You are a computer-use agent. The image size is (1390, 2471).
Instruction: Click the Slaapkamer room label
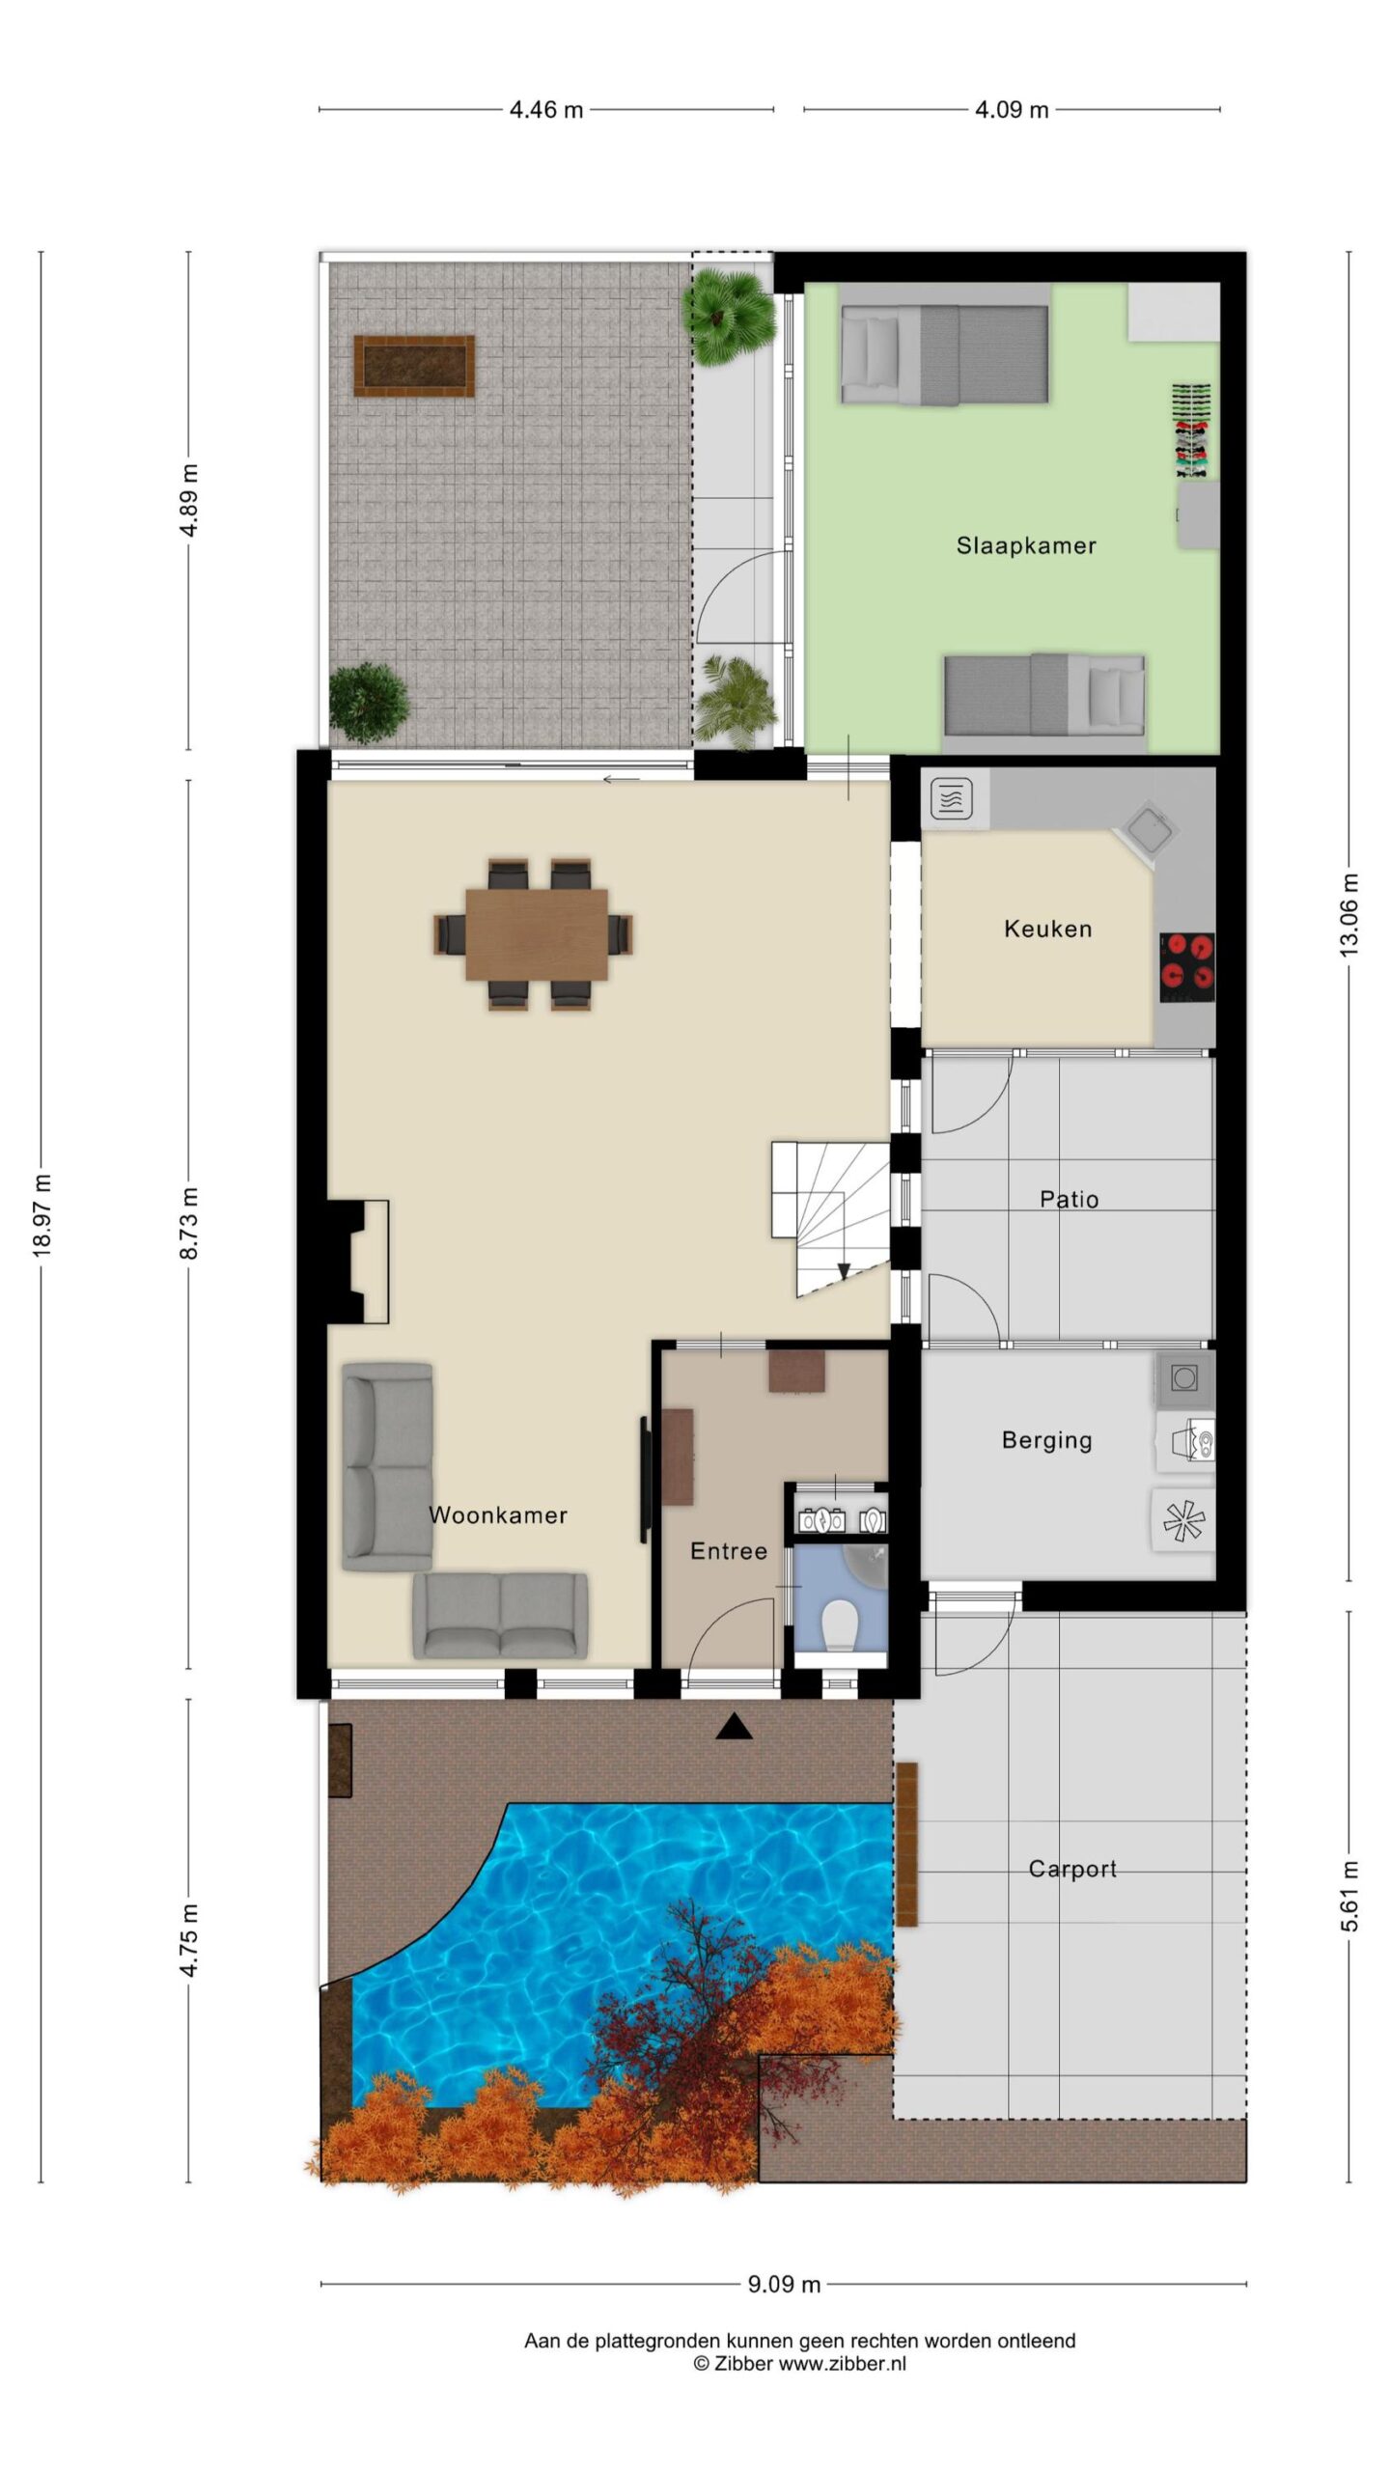(x=1026, y=545)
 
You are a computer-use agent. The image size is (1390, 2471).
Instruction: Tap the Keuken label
(x=1048, y=929)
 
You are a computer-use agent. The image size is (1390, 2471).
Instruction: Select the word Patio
(x=1069, y=1199)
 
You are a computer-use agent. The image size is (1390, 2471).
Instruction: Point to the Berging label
(x=1047, y=1441)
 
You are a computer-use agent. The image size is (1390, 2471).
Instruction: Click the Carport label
(x=1072, y=1870)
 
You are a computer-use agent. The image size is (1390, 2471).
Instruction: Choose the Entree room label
(x=729, y=1551)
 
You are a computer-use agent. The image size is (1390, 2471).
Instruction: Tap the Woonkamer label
(x=498, y=1515)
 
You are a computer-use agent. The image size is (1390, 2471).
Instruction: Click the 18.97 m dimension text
(x=42, y=1216)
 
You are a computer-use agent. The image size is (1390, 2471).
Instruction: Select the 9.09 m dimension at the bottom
(x=784, y=2284)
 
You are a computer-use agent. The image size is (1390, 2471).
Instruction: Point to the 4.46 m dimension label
(x=546, y=110)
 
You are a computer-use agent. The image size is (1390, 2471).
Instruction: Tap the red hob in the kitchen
(x=1187, y=967)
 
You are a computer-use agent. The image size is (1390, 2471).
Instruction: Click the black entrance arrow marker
(x=734, y=1726)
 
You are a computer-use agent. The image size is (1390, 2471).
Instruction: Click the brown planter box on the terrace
(x=414, y=366)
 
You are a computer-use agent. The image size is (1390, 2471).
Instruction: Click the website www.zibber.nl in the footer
(x=843, y=2364)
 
